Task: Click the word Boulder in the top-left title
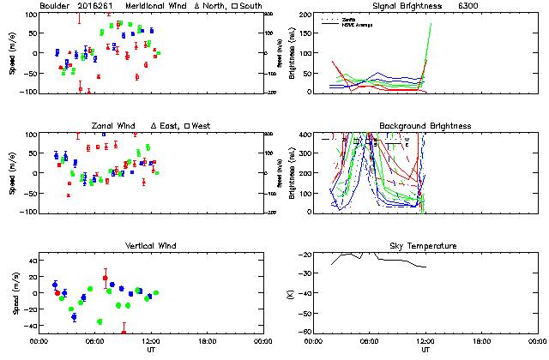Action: point(55,6)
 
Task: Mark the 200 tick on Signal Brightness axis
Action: point(305,15)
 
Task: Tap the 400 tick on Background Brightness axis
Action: point(305,135)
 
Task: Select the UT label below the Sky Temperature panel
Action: point(425,350)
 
